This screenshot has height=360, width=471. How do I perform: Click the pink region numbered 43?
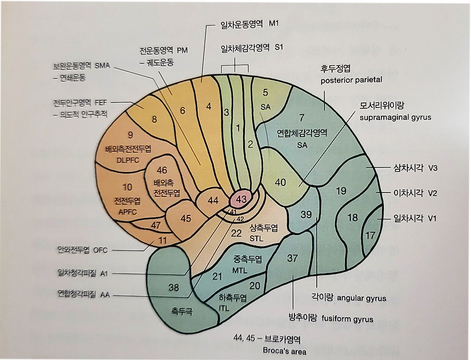pos(241,199)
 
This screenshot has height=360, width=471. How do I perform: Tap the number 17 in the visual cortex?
pos(370,235)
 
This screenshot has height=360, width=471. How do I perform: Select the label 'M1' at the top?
pos(274,24)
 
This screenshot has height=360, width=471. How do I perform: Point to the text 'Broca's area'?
pos(284,351)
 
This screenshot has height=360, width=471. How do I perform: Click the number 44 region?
pos(213,201)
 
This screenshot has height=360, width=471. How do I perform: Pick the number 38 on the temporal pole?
pos(174,288)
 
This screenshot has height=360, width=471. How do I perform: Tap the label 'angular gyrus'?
pos(361,298)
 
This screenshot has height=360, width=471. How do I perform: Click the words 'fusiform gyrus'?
pos(347,319)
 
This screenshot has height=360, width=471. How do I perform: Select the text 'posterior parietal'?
pos(351,80)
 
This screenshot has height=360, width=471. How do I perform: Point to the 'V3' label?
pos(433,168)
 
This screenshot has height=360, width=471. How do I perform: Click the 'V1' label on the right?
pos(432,218)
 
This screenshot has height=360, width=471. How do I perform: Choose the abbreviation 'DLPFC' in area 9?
pos(128,160)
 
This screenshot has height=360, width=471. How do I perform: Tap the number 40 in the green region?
pos(280,182)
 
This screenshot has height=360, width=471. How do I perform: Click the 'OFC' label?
pos(100,250)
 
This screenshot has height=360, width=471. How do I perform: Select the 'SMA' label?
pos(102,65)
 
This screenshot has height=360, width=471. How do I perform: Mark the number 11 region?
pos(162,241)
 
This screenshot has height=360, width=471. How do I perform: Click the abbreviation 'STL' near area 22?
pos(256,238)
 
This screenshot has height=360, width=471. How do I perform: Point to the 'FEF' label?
pos(101,102)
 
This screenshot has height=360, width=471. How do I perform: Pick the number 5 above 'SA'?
pos(266,92)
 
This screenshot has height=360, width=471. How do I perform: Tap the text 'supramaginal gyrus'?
pos(395,117)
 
